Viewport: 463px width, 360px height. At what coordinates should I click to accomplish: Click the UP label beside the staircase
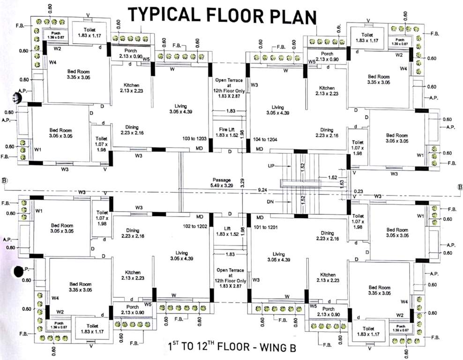click(x=270, y=166)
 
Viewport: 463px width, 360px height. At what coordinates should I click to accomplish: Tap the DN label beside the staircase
click(x=270, y=202)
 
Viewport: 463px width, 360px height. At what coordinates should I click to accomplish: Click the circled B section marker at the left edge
click(x=5, y=181)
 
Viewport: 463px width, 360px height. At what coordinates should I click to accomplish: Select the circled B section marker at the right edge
click(x=460, y=186)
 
